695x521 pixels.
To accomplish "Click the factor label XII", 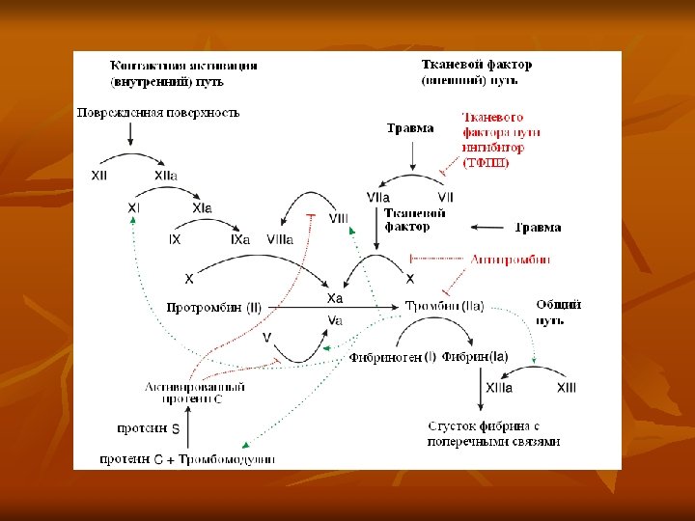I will [x=99, y=176].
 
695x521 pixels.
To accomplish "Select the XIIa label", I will [x=166, y=176].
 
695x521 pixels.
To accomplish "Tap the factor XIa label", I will [x=202, y=207].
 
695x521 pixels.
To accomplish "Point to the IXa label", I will [x=240, y=238].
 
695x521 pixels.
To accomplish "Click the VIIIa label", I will [x=281, y=238].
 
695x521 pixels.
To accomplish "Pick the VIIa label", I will [x=378, y=198].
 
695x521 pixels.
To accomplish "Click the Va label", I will [x=336, y=319].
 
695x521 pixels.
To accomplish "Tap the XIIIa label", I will [x=499, y=387].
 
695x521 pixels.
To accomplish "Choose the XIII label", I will [x=567, y=387].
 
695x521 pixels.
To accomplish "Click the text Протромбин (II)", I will [x=214, y=308].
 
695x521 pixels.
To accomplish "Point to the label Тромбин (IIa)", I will [x=444, y=306].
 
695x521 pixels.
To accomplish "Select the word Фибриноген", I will [x=386, y=357].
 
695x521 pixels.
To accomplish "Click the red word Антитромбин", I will [x=511, y=259].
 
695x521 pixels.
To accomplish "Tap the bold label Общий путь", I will [x=559, y=311].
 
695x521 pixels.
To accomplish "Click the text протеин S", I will [x=149, y=427].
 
